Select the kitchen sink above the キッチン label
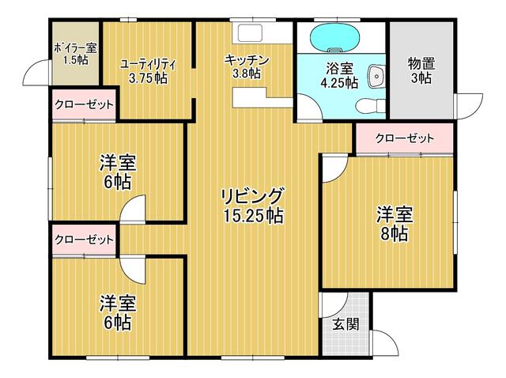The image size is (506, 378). tap(252, 34)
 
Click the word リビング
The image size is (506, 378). tap(252, 195)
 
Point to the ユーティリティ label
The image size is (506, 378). tap(148, 63)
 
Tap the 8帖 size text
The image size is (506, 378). tap(393, 233)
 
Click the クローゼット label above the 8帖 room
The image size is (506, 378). tap(405, 138)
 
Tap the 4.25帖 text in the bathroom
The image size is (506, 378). tap(342, 82)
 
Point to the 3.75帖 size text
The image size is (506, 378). tap(149, 77)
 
